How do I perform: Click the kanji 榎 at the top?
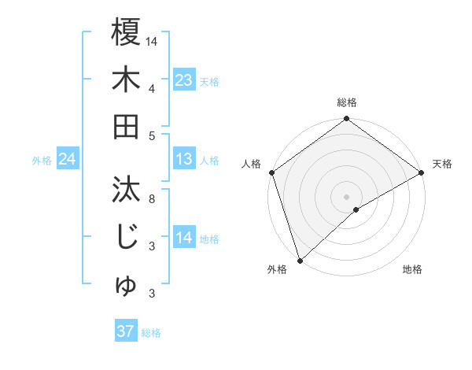point(126,33)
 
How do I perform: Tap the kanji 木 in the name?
point(126,80)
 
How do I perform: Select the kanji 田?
point(126,126)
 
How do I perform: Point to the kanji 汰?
point(126,190)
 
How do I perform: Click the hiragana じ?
point(126,237)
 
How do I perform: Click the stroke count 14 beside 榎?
point(152,41)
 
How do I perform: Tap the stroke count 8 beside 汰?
point(152,198)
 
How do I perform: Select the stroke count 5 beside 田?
point(152,135)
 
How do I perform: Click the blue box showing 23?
point(183,80)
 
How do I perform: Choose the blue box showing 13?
point(183,159)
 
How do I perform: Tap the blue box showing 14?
point(183,238)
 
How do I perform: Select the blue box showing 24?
point(67,159)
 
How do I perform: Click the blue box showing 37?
point(125,331)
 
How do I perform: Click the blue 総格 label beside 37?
point(151,333)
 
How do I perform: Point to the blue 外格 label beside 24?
point(42,161)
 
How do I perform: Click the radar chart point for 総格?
point(346,120)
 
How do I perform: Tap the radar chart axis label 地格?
point(412,270)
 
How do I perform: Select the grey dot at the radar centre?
point(346,195)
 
